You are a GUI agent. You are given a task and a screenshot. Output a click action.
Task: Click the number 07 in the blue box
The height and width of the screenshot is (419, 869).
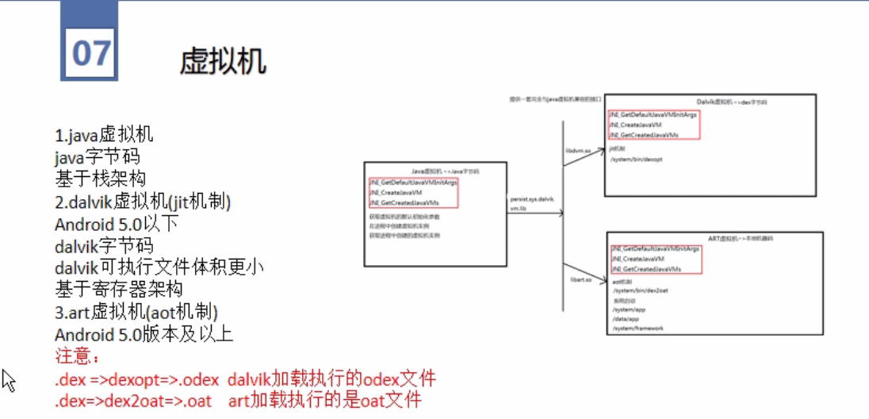pos(90,52)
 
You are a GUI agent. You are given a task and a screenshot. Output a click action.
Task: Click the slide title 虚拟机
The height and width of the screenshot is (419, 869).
pos(223,61)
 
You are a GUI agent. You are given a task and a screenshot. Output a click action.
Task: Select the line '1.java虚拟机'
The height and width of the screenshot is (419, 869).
pos(104,134)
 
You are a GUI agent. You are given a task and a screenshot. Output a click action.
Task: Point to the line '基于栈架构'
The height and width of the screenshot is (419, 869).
pos(100,179)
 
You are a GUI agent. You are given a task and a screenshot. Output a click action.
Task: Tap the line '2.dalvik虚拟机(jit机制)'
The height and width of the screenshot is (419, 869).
pos(143,202)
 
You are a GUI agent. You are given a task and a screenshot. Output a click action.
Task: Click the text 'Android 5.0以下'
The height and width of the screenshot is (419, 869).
pos(117,224)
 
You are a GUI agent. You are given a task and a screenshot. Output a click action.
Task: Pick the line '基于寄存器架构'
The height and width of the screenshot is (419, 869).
pos(119,290)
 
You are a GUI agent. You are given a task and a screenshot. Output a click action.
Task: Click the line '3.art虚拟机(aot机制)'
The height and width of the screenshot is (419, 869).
pos(136,312)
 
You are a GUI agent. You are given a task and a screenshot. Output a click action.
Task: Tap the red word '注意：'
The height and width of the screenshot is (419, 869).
pos(78,356)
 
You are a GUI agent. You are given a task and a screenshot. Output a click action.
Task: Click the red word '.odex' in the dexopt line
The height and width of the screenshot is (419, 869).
pos(196,378)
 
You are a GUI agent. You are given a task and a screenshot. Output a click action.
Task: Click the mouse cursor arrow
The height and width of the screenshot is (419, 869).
pos(8,380)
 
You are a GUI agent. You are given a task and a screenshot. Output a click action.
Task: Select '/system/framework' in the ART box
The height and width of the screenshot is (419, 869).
pos(637,328)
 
